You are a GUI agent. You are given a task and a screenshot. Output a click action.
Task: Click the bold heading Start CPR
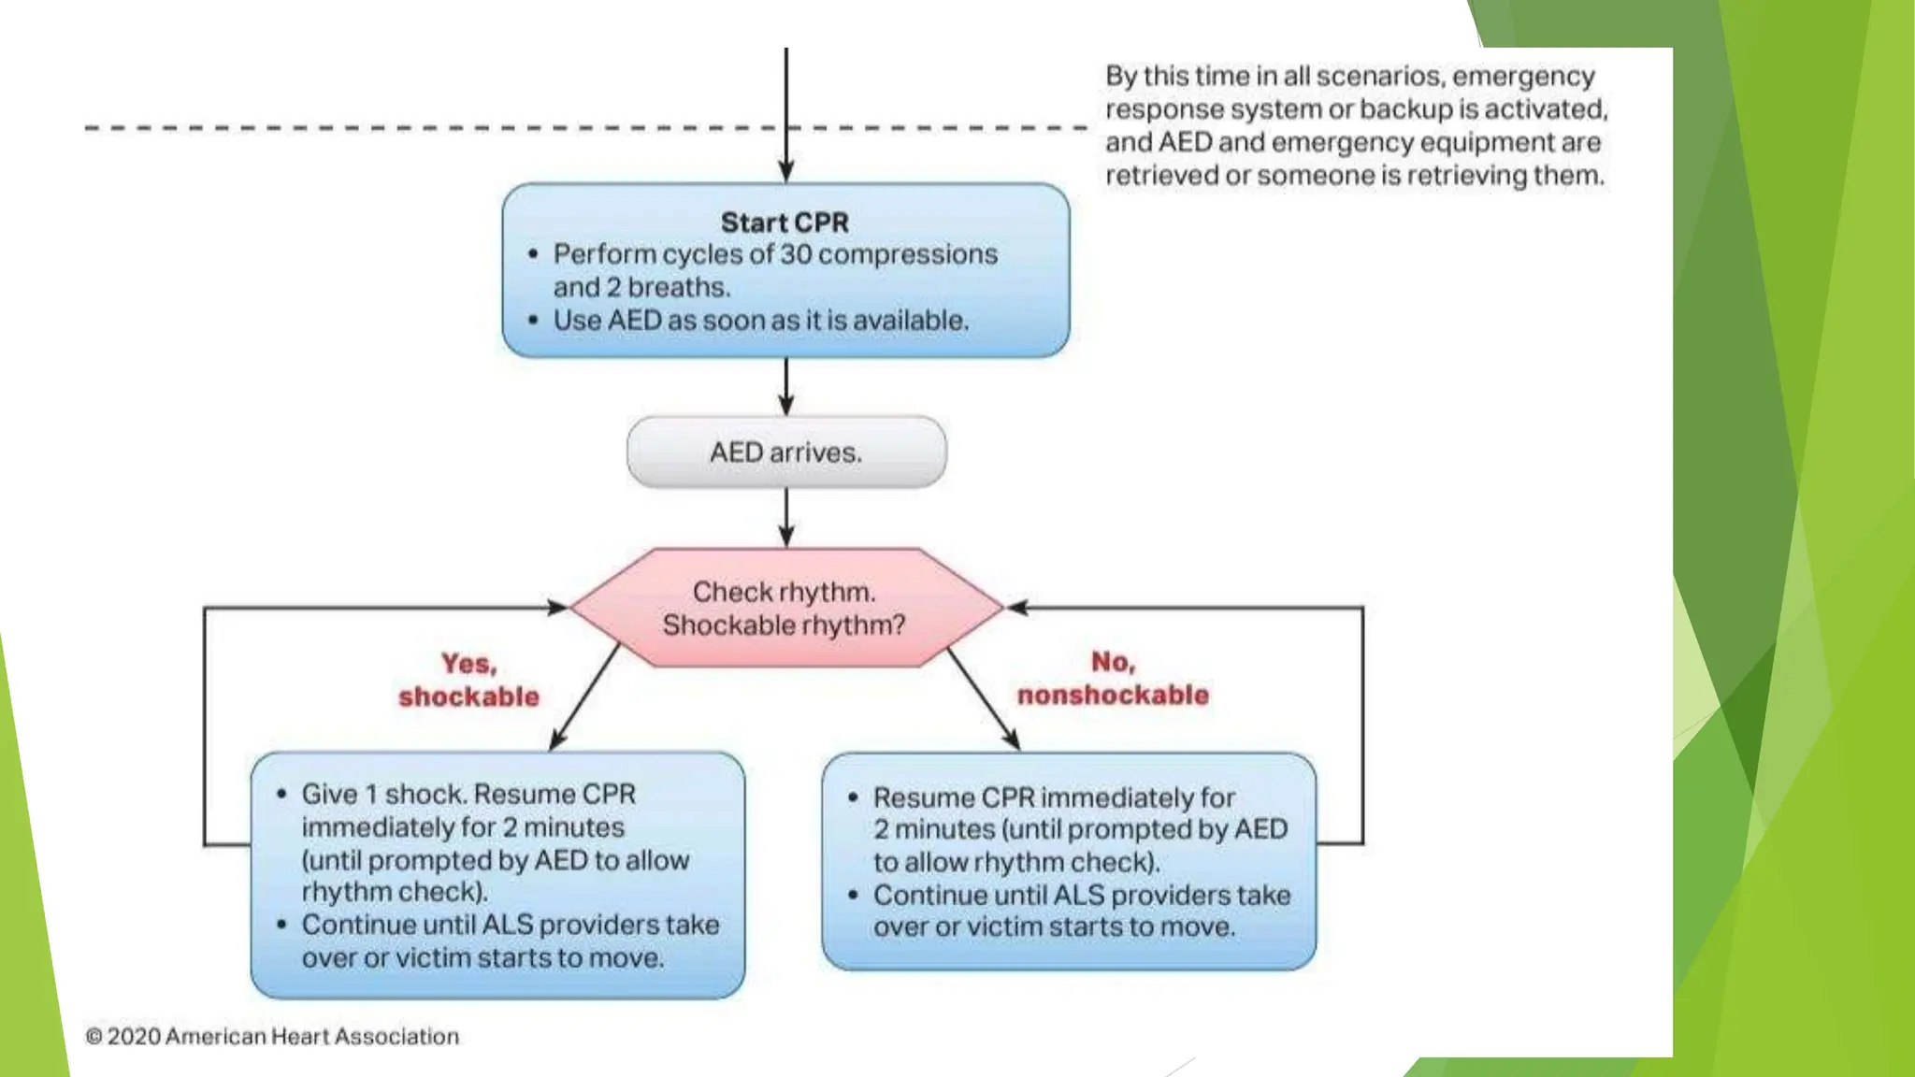(x=785, y=223)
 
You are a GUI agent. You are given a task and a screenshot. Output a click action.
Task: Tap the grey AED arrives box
(x=785, y=452)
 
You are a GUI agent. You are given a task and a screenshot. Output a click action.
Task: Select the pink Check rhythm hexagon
(x=785, y=608)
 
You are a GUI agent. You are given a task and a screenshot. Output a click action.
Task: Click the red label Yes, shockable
(x=468, y=681)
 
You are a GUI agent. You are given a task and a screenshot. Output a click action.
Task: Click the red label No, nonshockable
(x=1113, y=679)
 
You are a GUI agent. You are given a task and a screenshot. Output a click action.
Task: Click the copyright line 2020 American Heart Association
(x=272, y=1036)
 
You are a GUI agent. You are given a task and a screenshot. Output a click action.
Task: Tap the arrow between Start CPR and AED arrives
(x=785, y=385)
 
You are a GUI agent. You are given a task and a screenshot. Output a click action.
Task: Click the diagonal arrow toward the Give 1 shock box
(x=585, y=696)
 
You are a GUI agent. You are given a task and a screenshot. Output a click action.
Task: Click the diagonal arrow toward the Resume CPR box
(x=983, y=697)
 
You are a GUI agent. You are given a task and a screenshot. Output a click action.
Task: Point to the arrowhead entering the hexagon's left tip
(x=558, y=608)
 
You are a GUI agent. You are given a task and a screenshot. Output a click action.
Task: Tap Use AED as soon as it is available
(x=760, y=321)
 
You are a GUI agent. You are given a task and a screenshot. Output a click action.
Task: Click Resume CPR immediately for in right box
(x=1054, y=797)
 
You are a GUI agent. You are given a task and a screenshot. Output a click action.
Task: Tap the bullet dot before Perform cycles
(x=533, y=254)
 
